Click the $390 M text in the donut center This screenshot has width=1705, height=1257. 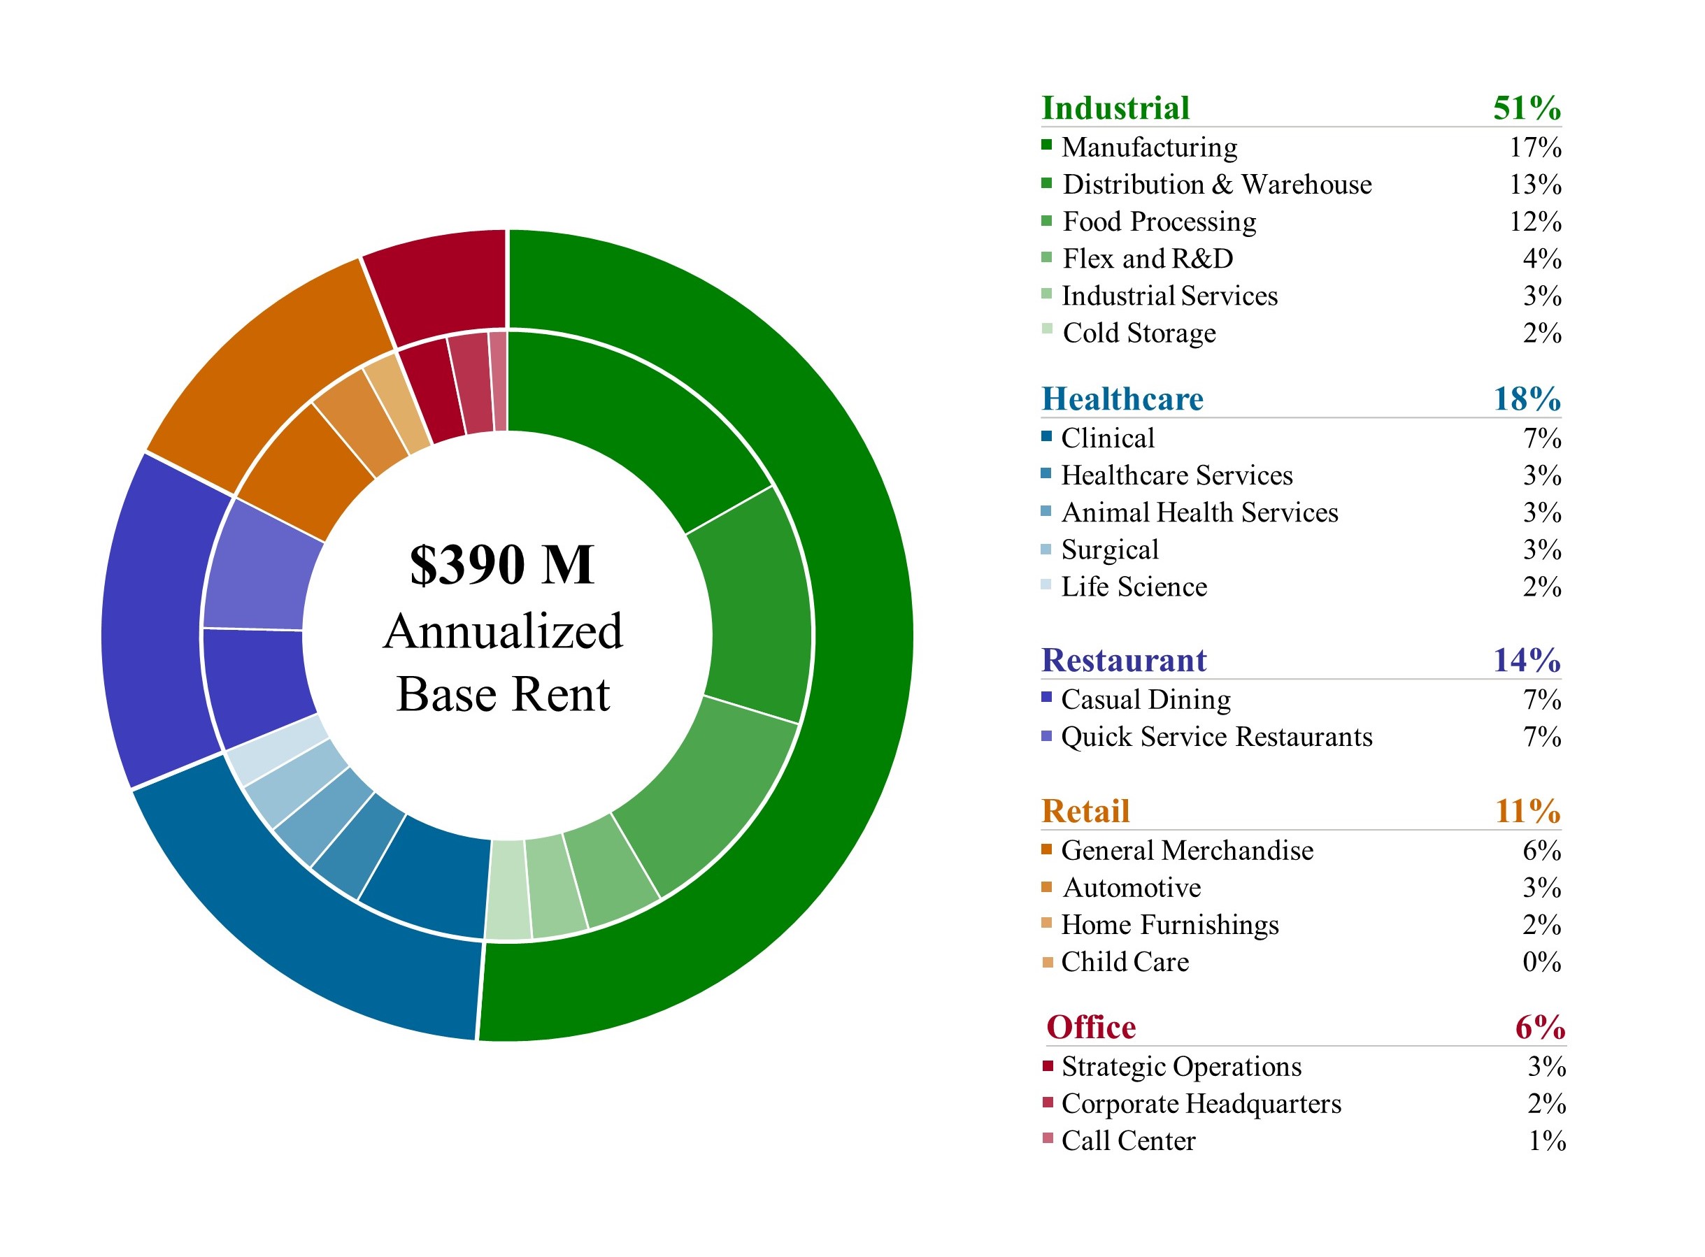501,565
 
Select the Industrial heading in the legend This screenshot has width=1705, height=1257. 1115,108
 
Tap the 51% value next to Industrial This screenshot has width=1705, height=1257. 1526,108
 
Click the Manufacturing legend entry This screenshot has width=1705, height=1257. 1149,147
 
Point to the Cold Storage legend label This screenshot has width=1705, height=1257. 1139,333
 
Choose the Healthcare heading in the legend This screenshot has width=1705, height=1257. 1122,399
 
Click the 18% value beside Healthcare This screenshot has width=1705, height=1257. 1526,399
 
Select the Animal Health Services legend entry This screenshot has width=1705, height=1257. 1199,513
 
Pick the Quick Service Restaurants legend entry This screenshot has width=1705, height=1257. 1216,737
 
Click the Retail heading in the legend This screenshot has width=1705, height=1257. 1085,811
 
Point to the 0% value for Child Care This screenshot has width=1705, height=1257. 1541,963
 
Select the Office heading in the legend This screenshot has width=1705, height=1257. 1091,1027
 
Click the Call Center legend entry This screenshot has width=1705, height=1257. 1128,1142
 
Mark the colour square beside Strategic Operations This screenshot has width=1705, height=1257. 1048,1065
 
